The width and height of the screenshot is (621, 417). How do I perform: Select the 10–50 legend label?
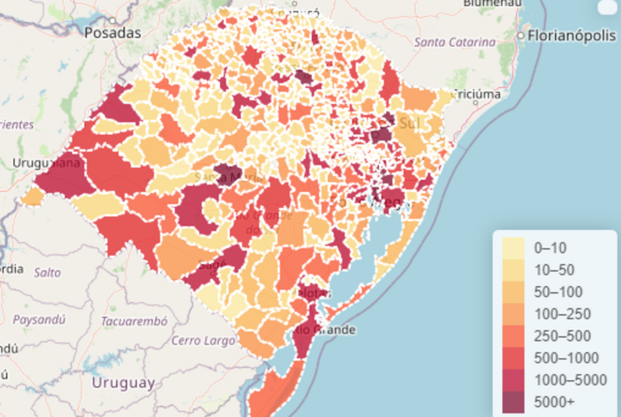(x=554, y=270)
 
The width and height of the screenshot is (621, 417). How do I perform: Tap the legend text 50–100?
(x=558, y=292)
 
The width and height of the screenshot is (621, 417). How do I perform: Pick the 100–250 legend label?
(x=562, y=314)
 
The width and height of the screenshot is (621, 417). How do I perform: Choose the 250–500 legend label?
(x=562, y=336)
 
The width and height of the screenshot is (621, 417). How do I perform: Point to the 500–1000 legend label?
(x=566, y=358)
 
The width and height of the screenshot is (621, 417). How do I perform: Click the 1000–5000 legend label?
(x=570, y=380)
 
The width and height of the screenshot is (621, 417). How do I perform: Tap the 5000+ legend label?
(x=554, y=402)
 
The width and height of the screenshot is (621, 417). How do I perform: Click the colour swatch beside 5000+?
(x=513, y=402)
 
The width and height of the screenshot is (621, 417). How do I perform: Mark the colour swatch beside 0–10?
(x=513, y=248)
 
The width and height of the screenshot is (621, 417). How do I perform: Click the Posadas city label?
(x=113, y=33)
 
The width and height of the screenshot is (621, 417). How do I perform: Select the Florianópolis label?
(x=571, y=36)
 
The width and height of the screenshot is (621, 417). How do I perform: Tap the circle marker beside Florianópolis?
(x=520, y=36)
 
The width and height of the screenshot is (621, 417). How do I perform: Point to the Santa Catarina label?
(x=455, y=42)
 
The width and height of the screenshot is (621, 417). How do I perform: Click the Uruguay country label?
(x=123, y=383)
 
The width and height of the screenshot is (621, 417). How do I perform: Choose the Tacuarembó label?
(x=134, y=321)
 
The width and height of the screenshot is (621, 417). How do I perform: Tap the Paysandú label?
(x=39, y=319)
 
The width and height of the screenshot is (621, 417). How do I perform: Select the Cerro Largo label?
(x=203, y=341)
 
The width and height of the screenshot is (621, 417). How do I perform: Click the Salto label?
(x=47, y=273)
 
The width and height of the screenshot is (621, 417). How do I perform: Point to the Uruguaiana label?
(x=47, y=163)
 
